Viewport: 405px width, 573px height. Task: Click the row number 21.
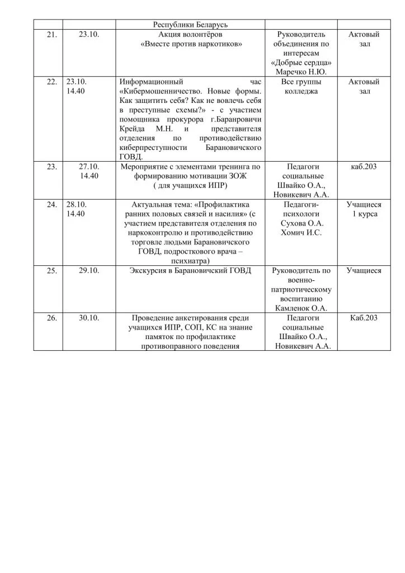pyautogui.click(x=51, y=35)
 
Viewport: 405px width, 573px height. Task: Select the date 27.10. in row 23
pyautogui.click(x=89, y=166)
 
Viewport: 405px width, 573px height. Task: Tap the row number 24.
pyautogui.click(x=51, y=204)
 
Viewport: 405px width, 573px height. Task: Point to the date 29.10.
pyautogui.click(x=89, y=271)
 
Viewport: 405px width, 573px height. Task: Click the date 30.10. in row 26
pyautogui.click(x=89, y=317)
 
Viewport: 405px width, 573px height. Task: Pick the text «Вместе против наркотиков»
pyautogui.click(x=191, y=44)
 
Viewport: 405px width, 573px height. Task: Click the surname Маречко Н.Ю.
pyautogui.click(x=302, y=72)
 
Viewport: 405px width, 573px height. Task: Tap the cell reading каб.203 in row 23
pyautogui.click(x=364, y=166)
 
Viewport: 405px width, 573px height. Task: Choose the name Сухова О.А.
pyautogui.click(x=302, y=223)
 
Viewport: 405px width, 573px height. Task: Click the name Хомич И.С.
pyautogui.click(x=302, y=233)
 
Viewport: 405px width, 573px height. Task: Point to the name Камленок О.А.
pyautogui.click(x=302, y=308)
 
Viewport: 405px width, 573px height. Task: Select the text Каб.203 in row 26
pyautogui.click(x=364, y=317)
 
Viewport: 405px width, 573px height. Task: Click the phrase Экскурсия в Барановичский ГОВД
pyautogui.click(x=190, y=271)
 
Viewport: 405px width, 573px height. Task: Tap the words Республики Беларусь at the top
pyautogui.click(x=190, y=25)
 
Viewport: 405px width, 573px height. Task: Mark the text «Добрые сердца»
pyautogui.click(x=302, y=63)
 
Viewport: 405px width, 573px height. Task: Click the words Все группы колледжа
pyautogui.click(x=302, y=86)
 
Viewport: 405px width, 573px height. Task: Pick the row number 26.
pyautogui.click(x=51, y=317)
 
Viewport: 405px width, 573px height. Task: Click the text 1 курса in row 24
pyautogui.click(x=364, y=214)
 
